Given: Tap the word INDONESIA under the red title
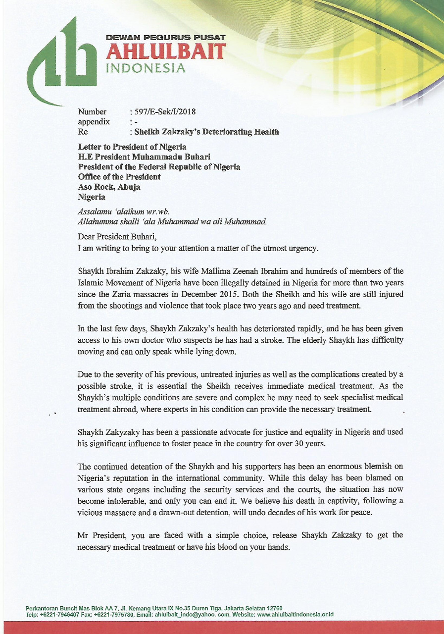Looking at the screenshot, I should coord(147,68).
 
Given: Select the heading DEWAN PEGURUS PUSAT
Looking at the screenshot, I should coord(166,38).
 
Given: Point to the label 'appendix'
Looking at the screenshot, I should coord(94,122).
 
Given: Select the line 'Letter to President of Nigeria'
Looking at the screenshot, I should coord(132,147).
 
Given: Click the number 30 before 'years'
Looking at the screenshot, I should coord(296,443).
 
